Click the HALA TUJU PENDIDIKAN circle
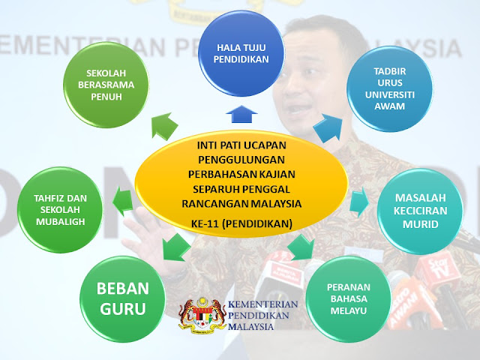coord(241,53)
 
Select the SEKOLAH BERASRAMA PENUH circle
coord(106,85)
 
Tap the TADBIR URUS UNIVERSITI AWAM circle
coord(390,88)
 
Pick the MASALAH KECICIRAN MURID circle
coord(420,211)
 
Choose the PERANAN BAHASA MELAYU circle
coord(349,298)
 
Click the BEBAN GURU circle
coord(122,298)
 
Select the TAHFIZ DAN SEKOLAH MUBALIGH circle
coord(60,210)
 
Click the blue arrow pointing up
coord(241,114)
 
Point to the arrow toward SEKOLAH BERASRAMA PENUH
coord(163,126)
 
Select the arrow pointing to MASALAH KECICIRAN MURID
coord(359,202)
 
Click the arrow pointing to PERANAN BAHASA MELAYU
coord(301,247)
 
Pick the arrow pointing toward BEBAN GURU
coord(175,247)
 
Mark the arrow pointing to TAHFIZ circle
coord(123,202)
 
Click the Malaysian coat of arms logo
coord(202,315)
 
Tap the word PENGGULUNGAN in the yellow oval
coord(241,160)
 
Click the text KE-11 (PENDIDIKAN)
coord(241,223)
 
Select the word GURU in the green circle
coord(122,308)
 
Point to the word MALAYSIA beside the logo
coord(251,326)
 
